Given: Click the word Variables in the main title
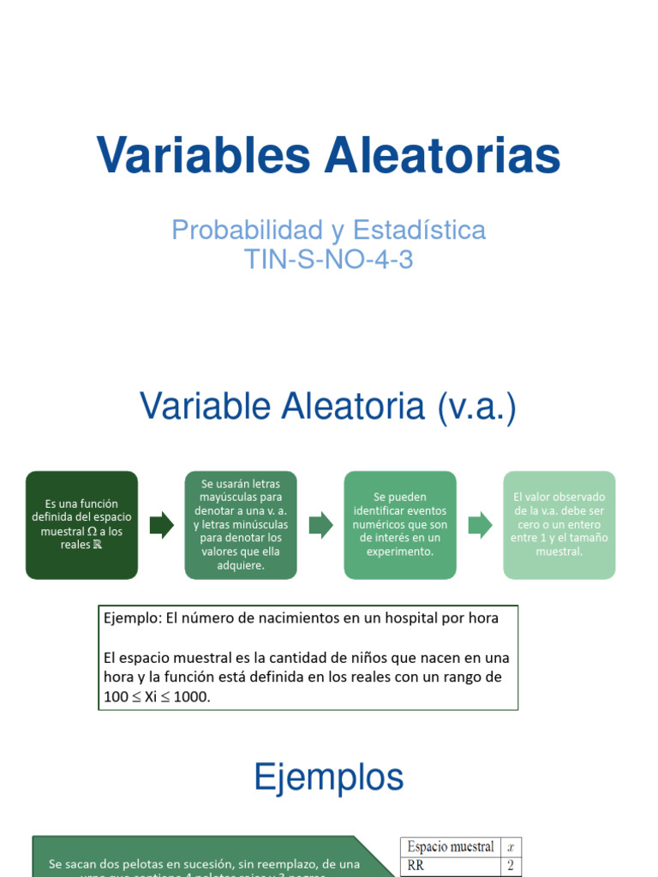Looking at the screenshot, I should (x=203, y=156).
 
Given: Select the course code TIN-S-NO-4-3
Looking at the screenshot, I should (x=329, y=259).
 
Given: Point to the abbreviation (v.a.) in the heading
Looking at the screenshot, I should (x=476, y=407).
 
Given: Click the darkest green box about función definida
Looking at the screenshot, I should (x=81, y=524).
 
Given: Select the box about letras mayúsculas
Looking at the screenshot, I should (x=241, y=524).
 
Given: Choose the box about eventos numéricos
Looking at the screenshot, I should (x=399, y=524).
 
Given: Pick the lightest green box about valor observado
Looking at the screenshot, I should (x=559, y=524).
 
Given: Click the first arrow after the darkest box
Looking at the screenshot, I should (x=161, y=525).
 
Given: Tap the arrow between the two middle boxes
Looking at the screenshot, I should (x=320, y=525).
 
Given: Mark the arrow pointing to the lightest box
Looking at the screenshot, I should (x=480, y=525).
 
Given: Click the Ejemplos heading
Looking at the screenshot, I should (x=329, y=778).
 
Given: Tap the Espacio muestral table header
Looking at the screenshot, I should (x=451, y=847).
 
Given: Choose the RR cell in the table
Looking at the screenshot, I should (x=416, y=866).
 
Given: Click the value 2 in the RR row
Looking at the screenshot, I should (x=510, y=866).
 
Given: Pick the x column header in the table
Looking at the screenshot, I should (x=510, y=847).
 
